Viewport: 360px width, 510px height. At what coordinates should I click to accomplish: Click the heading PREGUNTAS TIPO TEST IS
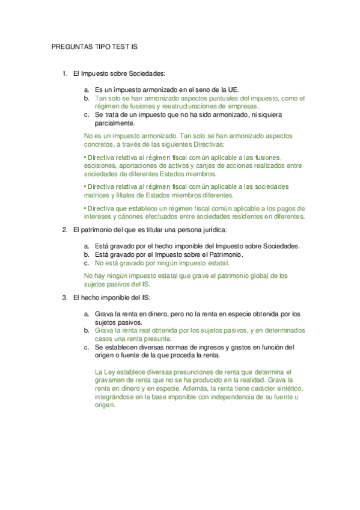pyautogui.click(x=96, y=46)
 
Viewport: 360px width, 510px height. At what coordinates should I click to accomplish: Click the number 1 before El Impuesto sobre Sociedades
pyautogui.click(x=64, y=73)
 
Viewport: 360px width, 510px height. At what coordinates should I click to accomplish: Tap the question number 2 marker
pyautogui.click(x=64, y=230)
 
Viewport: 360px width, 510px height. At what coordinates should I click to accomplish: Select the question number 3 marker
pyautogui.click(x=64, y=298)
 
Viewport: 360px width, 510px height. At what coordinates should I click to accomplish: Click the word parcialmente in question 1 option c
pyautogui.click(x=115, y=123)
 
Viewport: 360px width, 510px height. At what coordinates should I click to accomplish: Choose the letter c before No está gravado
pyautogui.click(x=87, y=263)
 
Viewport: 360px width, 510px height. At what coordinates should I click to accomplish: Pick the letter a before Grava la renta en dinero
pyautogui.click(x=87, y=314)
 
